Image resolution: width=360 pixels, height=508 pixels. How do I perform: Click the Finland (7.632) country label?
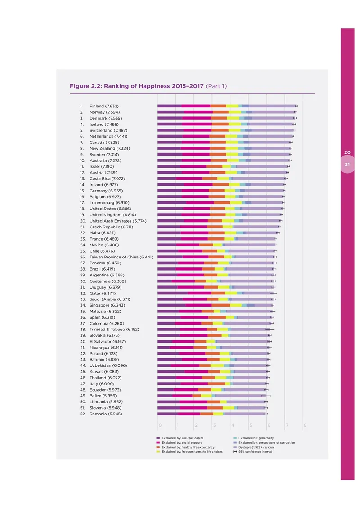click(104, 106)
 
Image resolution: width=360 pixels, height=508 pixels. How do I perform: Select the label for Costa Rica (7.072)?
click(107, 178)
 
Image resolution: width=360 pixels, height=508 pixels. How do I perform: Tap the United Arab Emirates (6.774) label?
click(118, 221)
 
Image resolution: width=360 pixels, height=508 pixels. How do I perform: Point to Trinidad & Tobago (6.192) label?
click(114, 330)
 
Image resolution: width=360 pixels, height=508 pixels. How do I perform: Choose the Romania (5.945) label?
click(106, 414)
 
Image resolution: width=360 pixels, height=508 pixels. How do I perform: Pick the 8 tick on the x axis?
click(305, 425)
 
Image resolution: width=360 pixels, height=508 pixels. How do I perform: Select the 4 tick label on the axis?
click(232, 425)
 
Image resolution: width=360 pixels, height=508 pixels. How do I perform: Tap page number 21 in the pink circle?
click(347, 165)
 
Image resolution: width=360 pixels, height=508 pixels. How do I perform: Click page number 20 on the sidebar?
click(347, 152)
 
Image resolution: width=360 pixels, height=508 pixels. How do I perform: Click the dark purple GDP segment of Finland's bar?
click(169, 106)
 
